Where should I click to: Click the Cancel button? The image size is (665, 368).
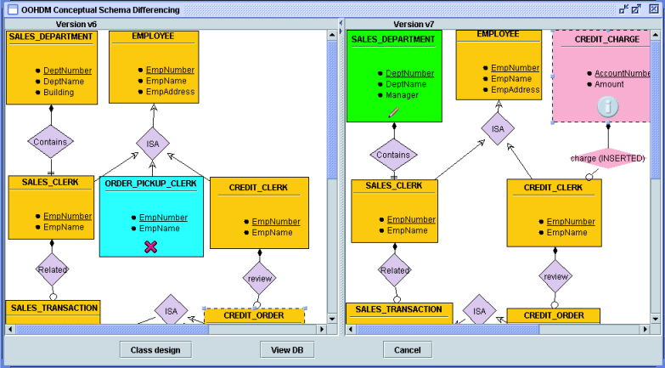tap(407, 350)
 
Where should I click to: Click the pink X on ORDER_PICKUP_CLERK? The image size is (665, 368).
tap(150, 246)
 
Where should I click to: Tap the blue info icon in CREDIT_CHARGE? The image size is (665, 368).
tap(606, 106)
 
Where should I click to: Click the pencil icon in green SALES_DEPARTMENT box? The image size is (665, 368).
tap(393, 111)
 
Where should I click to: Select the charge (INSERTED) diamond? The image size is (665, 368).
tap(607, 158)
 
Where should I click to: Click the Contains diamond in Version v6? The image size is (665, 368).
tap(50, 142)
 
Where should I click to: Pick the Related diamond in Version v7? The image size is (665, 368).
tap(394, 270)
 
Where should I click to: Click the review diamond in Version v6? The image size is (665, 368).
tap(258, 276)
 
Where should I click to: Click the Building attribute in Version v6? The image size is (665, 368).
tap(59, 92)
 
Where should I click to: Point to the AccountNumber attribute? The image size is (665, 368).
tap(621, 73)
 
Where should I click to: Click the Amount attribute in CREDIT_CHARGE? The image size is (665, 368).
tap(609, 84)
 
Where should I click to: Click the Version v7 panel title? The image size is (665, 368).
tap(415, 25)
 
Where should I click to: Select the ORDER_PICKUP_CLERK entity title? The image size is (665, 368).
tap(149, 184)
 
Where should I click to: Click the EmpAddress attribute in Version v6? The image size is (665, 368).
tap(170, 92)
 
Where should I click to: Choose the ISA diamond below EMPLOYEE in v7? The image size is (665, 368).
tap(498, 129)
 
